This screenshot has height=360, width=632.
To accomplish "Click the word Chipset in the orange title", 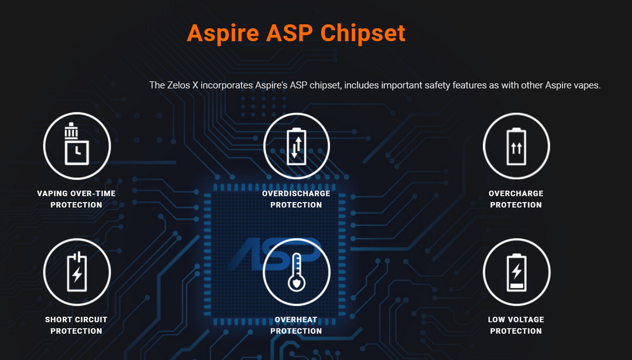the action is [363, 33].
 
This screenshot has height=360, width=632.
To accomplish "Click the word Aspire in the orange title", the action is [223, 33].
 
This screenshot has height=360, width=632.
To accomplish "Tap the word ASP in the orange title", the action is [289, 33].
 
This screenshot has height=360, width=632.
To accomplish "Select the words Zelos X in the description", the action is [183, 85].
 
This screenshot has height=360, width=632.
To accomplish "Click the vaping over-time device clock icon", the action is [77, 144].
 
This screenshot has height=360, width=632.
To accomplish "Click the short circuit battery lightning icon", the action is [77, 272].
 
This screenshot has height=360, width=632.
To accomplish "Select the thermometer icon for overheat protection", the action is [297, 272].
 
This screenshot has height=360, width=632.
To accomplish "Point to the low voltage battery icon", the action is [517, 272].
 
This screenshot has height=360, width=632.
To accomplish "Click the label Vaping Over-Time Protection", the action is [76, 199].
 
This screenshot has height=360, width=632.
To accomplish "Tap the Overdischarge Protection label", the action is [296, 199].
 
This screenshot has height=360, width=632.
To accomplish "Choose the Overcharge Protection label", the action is [516, 199].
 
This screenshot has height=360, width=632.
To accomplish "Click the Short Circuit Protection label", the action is [76, 325].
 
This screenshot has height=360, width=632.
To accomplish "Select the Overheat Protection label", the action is [296, 325].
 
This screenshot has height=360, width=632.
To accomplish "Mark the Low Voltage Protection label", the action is [516, 325].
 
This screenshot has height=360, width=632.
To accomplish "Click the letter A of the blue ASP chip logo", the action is [246, 254].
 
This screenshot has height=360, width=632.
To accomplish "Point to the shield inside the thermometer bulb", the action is [297, 283].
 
